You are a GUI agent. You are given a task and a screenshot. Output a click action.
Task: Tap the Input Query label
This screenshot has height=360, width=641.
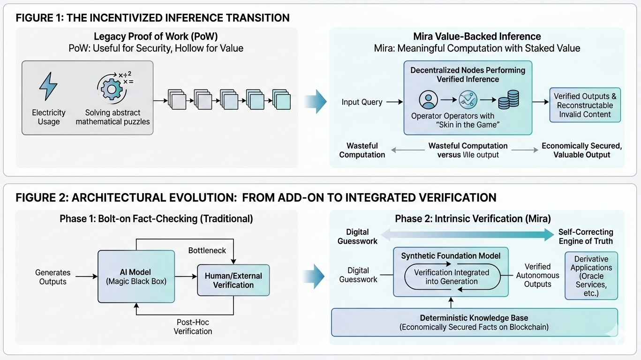(x=362, y=102)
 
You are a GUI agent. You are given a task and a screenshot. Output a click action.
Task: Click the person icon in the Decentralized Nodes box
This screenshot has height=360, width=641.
(x=428, y=100)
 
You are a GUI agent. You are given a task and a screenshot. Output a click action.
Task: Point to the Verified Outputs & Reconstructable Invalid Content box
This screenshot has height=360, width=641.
(x=585, y=105)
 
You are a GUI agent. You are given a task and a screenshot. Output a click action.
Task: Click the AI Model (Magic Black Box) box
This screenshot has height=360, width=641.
(x=136, y=276)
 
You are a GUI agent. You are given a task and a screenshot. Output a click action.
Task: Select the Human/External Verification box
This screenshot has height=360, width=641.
(x=233, y=280)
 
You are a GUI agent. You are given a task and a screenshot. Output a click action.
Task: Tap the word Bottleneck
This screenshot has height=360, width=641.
(x=207, y=250)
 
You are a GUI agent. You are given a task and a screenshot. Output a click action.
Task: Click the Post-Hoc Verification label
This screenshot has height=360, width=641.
(x=193, y=327)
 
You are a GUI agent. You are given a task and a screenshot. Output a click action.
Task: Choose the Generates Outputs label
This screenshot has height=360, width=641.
(x=53, y=277)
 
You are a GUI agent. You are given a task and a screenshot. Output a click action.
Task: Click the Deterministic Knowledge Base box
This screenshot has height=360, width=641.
(x=474, y=322)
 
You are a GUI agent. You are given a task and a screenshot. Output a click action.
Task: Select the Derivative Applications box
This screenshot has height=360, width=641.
(x=591, y=276)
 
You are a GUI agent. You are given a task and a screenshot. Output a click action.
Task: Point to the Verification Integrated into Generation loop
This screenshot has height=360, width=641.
(x=452, y=277)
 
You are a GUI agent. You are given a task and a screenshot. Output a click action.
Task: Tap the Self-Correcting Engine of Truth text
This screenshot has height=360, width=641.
(x=586, y=237)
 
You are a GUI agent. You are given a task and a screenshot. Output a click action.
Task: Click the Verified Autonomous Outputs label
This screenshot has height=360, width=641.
(x=537, y=275)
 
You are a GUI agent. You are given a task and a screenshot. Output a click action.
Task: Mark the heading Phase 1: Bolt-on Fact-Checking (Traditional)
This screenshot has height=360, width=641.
(x=156, y=219)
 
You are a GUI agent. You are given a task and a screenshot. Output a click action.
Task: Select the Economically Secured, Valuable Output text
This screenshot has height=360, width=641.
(x=581, y=150)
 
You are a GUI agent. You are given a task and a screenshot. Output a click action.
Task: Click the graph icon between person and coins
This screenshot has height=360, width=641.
(x=468, y=100)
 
